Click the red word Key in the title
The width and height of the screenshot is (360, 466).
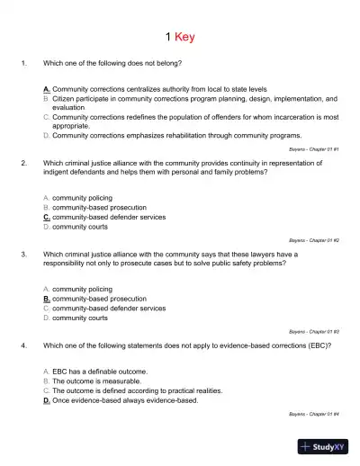pos(184,37)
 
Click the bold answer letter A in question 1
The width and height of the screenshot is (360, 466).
pos(47,90)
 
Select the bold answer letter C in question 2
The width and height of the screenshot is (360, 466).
pos(47,217)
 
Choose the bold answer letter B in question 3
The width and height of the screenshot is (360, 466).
pos(47,298)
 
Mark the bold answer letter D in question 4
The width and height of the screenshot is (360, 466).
pos(47,400)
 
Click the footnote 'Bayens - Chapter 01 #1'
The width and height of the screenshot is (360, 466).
pos(313,149)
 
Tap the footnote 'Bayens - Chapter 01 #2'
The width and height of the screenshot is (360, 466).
pos(313,240)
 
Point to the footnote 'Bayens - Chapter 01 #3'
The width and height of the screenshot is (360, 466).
pos(313,331)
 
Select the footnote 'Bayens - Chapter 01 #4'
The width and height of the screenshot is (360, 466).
pos(313,413)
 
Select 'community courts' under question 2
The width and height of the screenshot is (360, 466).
pos(80,227)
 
